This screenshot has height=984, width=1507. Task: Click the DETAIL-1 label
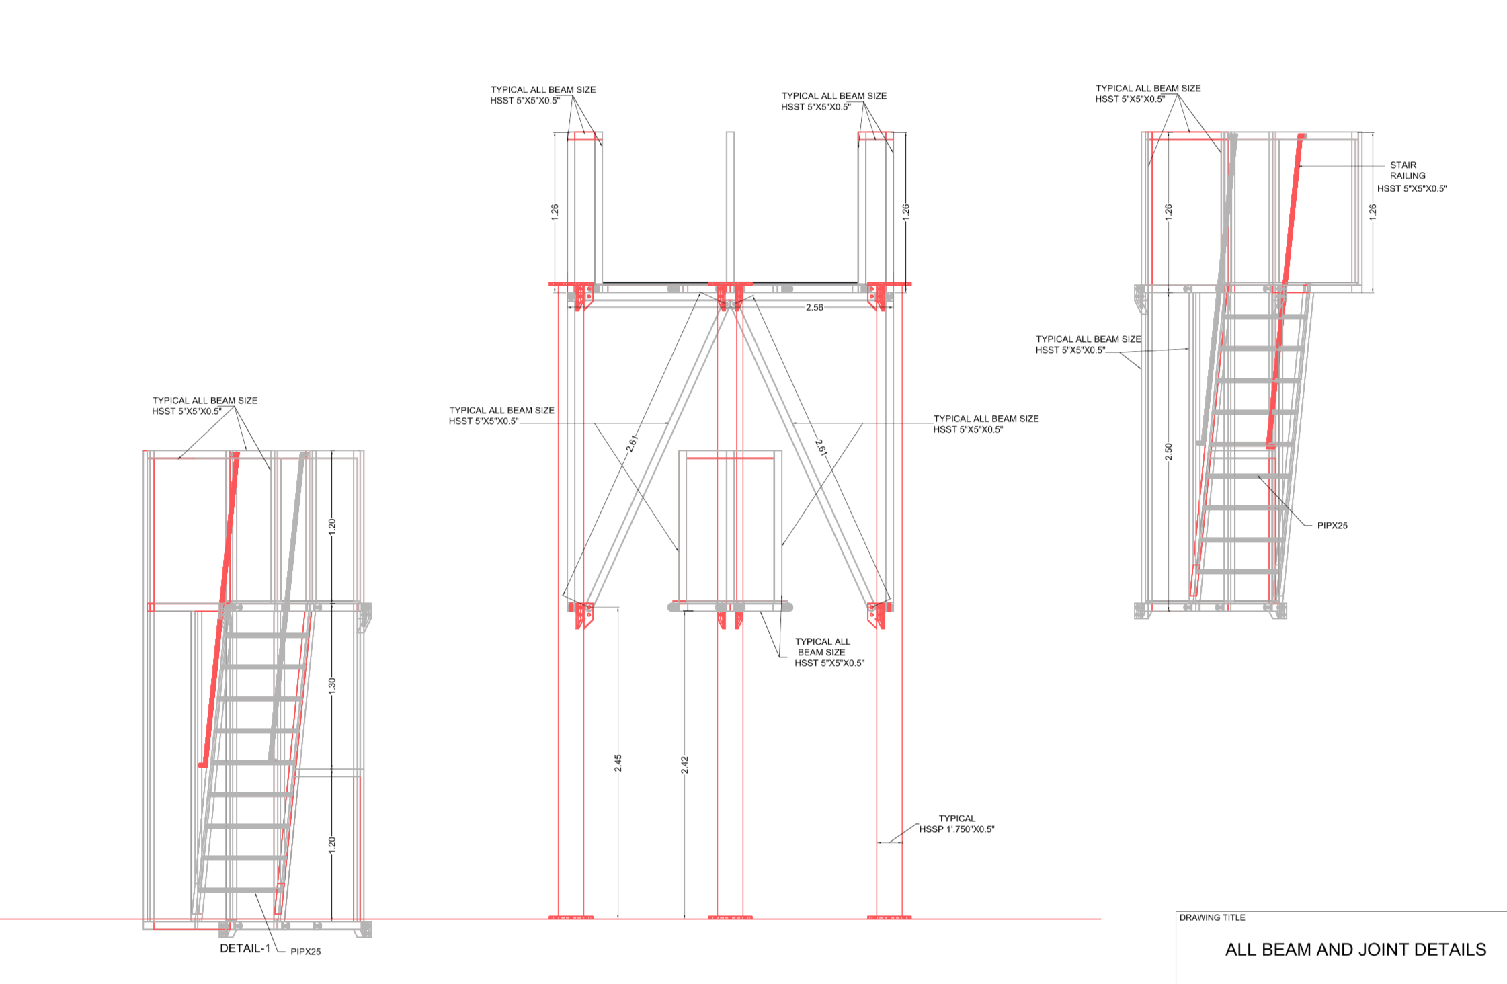point(245,948)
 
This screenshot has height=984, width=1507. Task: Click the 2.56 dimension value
point(814,307)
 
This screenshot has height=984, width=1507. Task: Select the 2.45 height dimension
point(618,764)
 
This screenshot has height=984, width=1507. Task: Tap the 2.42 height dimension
point(684,765)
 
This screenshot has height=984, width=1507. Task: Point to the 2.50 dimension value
point(1168,452)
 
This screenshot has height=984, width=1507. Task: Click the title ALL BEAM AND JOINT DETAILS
point(1355,950)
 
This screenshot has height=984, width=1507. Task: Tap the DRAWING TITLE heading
point(1213,917)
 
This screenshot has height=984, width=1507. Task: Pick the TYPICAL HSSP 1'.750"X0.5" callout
point(957,824)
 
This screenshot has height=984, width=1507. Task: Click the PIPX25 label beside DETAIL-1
point(306,952)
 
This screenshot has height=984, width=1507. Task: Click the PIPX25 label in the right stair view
point(1332,526)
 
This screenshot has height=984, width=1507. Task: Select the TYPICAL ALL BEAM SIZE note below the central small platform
point(829,652)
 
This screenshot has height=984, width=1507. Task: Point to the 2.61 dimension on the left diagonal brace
point(632,444)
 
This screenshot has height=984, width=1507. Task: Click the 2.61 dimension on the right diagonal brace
point(821,448)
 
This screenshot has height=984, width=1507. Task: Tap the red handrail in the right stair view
point(1285,290)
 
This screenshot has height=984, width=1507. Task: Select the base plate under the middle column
point(730,917)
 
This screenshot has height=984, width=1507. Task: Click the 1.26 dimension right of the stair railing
point(1373,210)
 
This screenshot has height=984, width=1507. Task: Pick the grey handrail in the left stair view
point(287,608)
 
